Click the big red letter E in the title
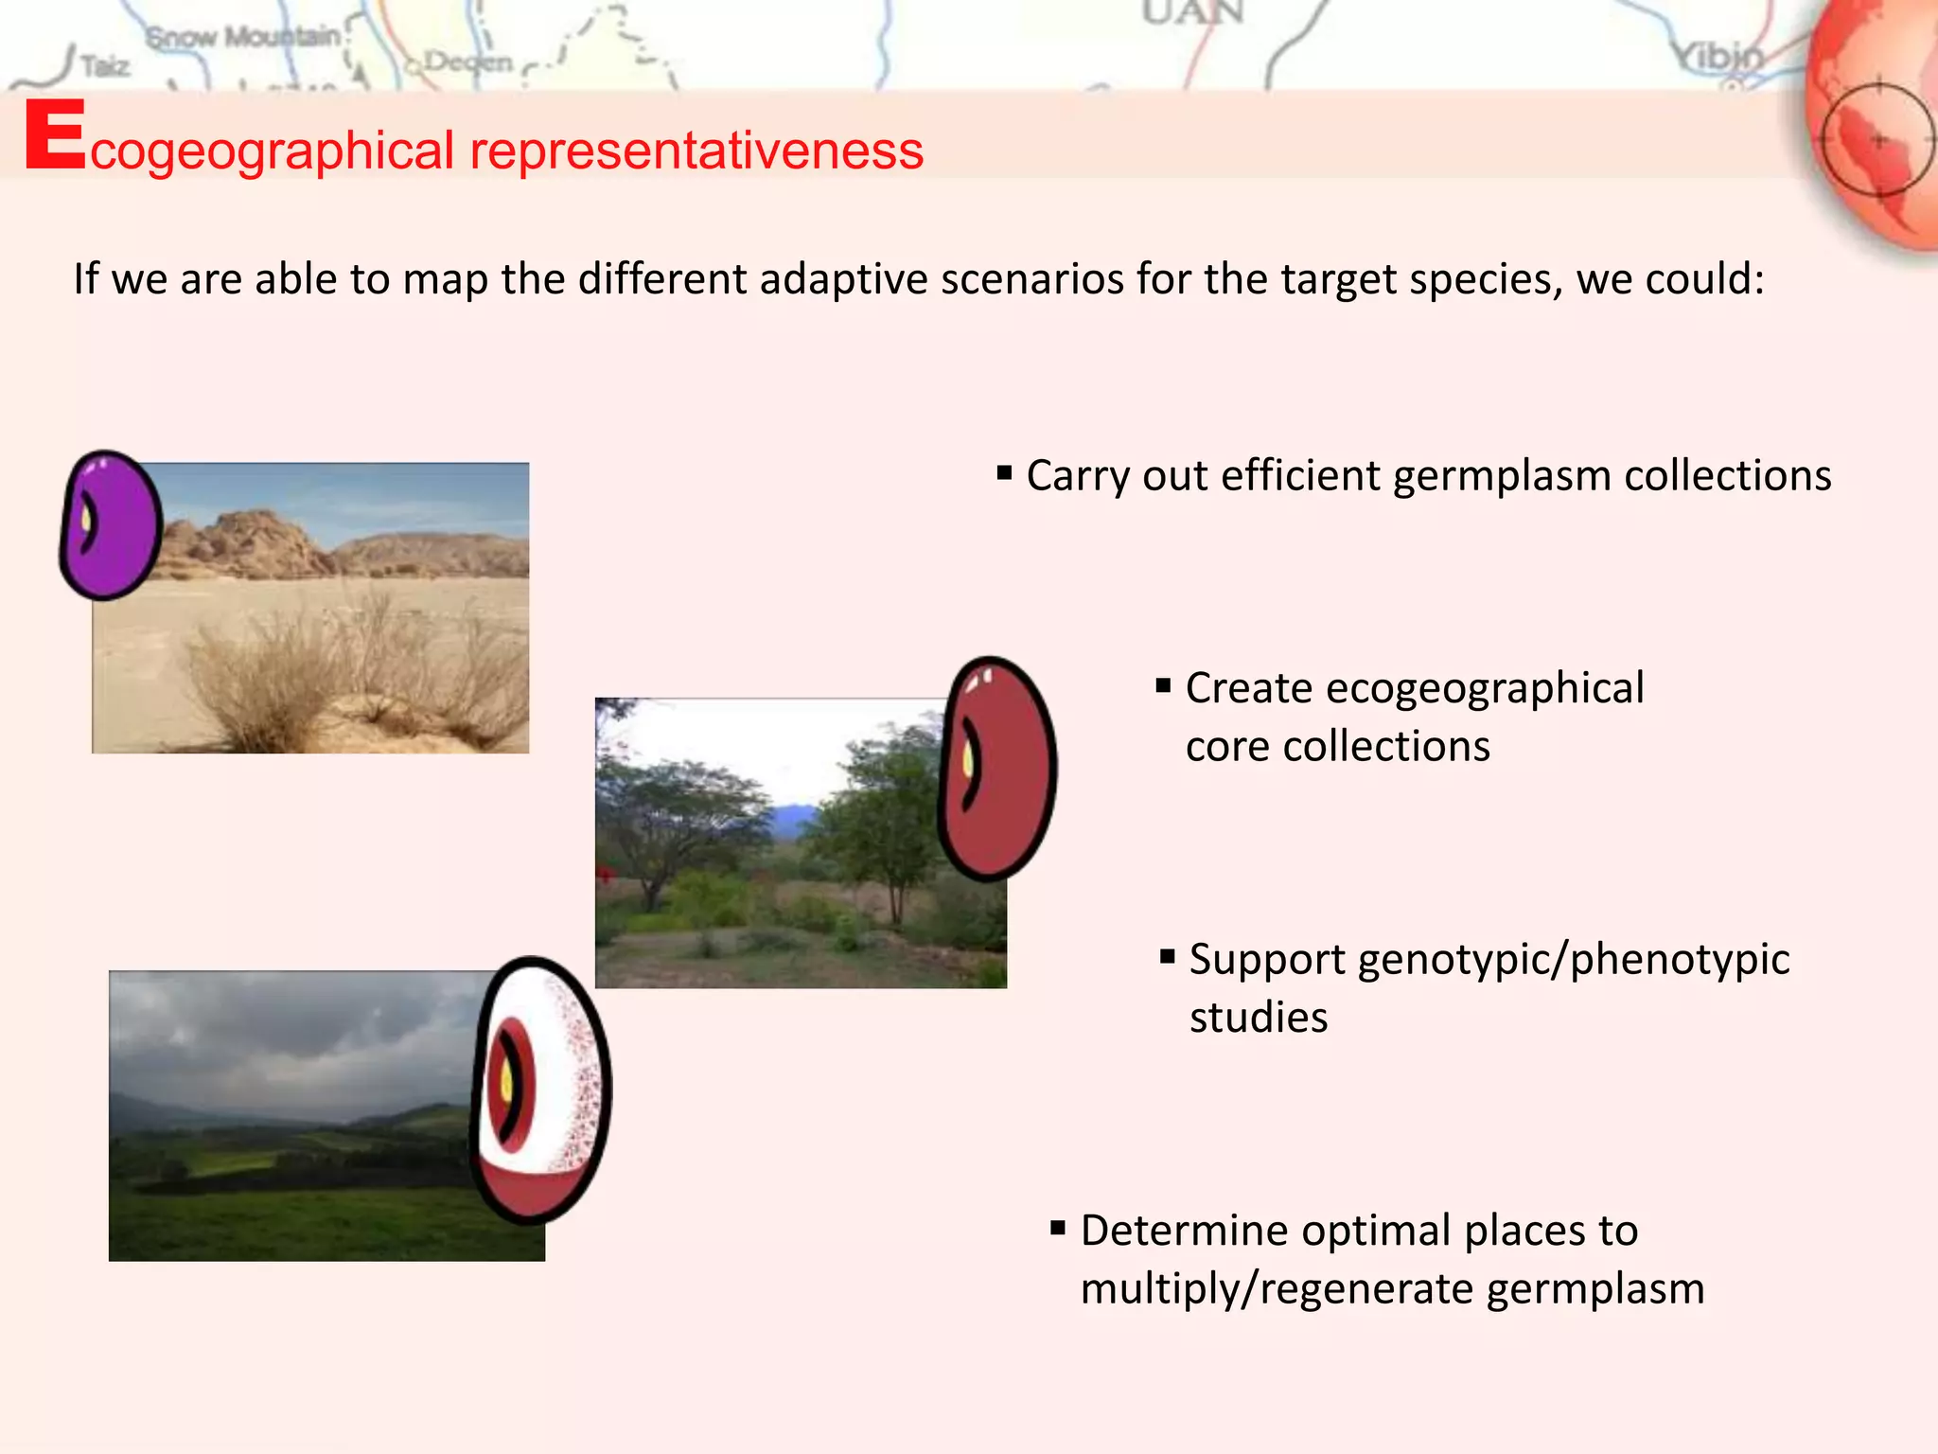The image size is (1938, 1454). (55, 136)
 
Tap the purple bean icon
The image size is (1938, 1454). (111, 525)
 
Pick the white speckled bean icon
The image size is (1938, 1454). (542, 1089)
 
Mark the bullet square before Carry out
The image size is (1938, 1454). (1004, 471)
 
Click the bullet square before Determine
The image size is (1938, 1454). (1058, 1228)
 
